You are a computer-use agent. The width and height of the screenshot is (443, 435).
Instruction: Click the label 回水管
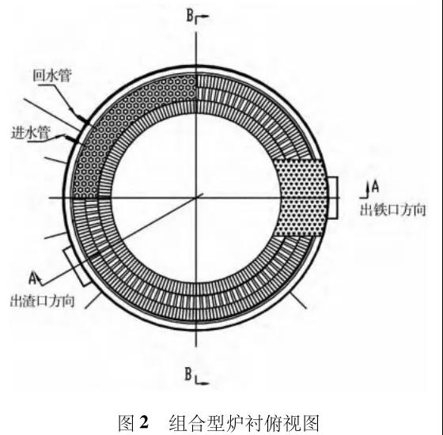52,75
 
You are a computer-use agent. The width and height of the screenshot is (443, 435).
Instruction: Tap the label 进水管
31,132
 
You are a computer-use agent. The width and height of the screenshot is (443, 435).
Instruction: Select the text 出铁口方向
392,210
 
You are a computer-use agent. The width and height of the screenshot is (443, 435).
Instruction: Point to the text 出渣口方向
43,301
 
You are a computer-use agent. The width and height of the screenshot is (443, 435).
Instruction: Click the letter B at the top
190,16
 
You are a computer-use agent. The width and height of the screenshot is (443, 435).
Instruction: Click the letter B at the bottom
188,373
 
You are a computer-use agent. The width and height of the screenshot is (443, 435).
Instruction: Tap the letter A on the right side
375,187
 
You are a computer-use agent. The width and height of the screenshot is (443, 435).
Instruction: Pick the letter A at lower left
33,278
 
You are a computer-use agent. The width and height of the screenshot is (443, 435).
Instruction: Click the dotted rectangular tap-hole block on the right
301,198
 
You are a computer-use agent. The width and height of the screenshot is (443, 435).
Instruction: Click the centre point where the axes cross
196,198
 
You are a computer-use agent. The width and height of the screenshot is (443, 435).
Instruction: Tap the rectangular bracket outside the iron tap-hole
334,198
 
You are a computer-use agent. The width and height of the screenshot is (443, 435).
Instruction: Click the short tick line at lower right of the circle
297,301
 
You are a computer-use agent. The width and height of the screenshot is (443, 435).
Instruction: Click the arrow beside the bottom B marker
202,381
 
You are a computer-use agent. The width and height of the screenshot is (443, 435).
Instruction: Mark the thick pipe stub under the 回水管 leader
84,120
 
